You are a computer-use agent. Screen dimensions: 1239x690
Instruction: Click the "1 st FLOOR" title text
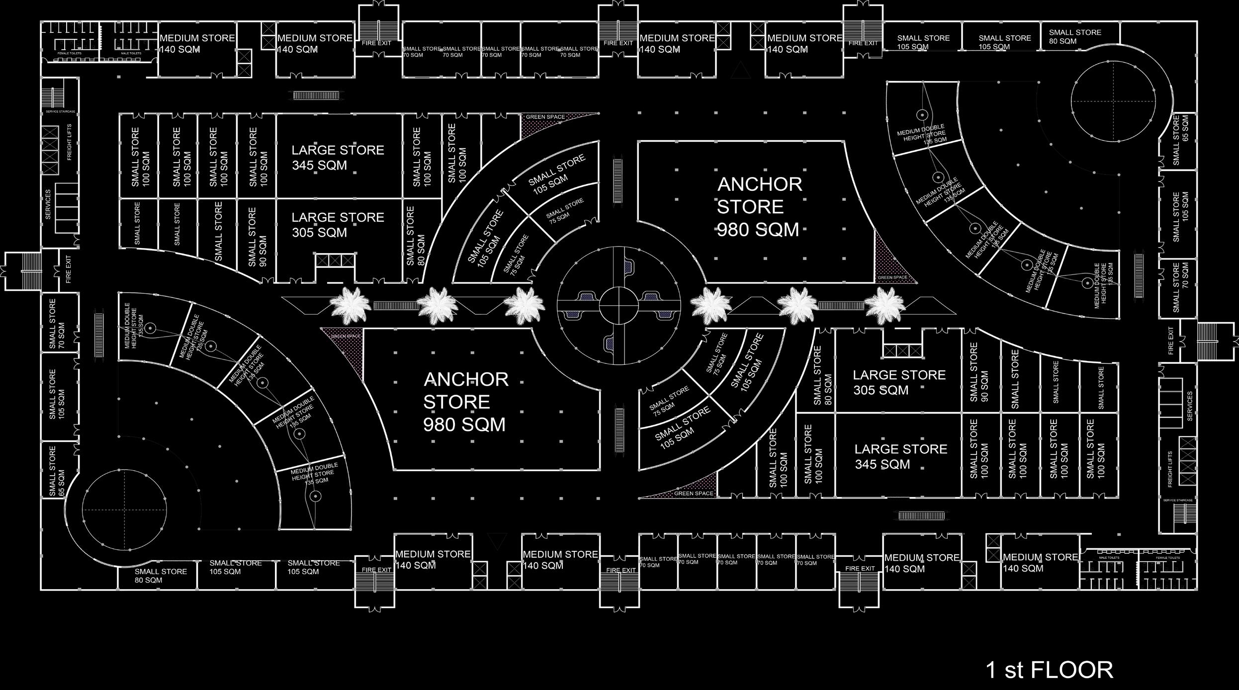point(1049,670)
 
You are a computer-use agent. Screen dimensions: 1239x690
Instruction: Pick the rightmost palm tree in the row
point(884,305)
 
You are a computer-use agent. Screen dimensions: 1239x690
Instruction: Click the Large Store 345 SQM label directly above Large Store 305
point(338,157)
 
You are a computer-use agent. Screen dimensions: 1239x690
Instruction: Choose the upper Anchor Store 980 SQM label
point(759,207)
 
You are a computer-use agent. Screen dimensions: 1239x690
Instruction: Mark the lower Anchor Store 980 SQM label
point(465,402)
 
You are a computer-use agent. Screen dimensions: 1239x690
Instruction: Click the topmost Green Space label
point(545,117)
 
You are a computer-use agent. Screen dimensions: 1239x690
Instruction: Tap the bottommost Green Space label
point(694,494)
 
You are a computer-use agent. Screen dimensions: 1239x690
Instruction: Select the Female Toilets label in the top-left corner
point(70,53)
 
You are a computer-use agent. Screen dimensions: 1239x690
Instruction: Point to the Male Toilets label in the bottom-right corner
point(1109,558)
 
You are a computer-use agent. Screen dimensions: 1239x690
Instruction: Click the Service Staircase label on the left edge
point(60,111)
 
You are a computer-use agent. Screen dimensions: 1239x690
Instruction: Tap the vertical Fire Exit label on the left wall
point(68,269)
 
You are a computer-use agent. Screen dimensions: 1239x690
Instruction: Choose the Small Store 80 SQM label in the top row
point(1074,37)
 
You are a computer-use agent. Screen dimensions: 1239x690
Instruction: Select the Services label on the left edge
point(48,204)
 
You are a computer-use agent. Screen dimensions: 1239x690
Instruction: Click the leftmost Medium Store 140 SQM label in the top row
point(197,44)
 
